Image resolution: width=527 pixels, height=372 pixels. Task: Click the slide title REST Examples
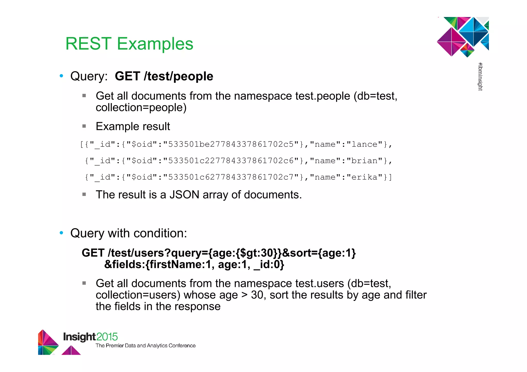(x=129, y=44)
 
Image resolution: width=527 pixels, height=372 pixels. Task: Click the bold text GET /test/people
(x=164, y=76)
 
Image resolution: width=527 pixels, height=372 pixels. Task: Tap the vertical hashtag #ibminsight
(x=480, y=77)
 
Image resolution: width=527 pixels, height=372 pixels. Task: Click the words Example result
(x=133, y=126)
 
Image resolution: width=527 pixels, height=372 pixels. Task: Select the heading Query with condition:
(x=129, y=233)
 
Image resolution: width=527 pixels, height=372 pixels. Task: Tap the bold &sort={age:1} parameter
(x=319, y=253)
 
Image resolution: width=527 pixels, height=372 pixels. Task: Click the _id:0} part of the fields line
(x=269, y=265)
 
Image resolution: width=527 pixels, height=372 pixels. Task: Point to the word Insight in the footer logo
(x=79, y=337)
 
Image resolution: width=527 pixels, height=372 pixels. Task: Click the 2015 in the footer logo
(x=107, y=337)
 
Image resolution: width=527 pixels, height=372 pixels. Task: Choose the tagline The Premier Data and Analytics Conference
(x=146, y=346)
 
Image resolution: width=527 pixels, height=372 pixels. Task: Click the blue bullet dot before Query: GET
(x=61, y=76)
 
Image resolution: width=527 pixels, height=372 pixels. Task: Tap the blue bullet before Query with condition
(x=61, y=233)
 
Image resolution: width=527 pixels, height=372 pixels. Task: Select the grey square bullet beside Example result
(x=84, y=126)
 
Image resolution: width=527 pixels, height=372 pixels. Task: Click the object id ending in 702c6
(x=231, y=161)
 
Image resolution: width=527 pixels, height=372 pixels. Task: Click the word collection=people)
(x=141, y=107)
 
